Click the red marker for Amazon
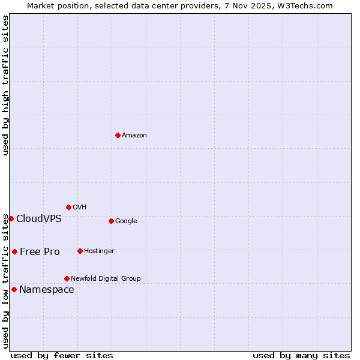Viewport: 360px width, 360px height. tap(118, 135)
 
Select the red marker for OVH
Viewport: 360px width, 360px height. tap(68, 207)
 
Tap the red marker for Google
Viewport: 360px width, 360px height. tap(111, 221)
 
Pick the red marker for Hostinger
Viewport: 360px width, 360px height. tap(80, 251)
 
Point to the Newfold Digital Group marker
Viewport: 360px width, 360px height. tap(67, 278)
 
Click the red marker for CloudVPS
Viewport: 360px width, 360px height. tap(11, 218)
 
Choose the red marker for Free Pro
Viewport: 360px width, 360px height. tap(14, 251)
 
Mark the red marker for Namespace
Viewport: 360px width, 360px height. tap(14, 289)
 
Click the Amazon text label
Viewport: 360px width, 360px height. tap(134, 136)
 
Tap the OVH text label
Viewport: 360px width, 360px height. tap(79, 208)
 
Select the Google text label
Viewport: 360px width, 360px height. tap(126, 221)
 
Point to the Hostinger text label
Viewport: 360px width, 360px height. tap(99, 251)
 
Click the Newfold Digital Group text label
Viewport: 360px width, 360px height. tap(106, 278)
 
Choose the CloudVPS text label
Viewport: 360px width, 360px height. tap(39, 218)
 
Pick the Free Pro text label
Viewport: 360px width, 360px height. tap(40, 252)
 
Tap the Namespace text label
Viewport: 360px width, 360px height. tap(47, 290)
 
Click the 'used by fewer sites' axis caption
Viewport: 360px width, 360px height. tap(62, 355)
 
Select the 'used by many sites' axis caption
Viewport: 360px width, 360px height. tap(301, 355)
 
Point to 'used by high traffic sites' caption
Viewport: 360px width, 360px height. tap(5, 86)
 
